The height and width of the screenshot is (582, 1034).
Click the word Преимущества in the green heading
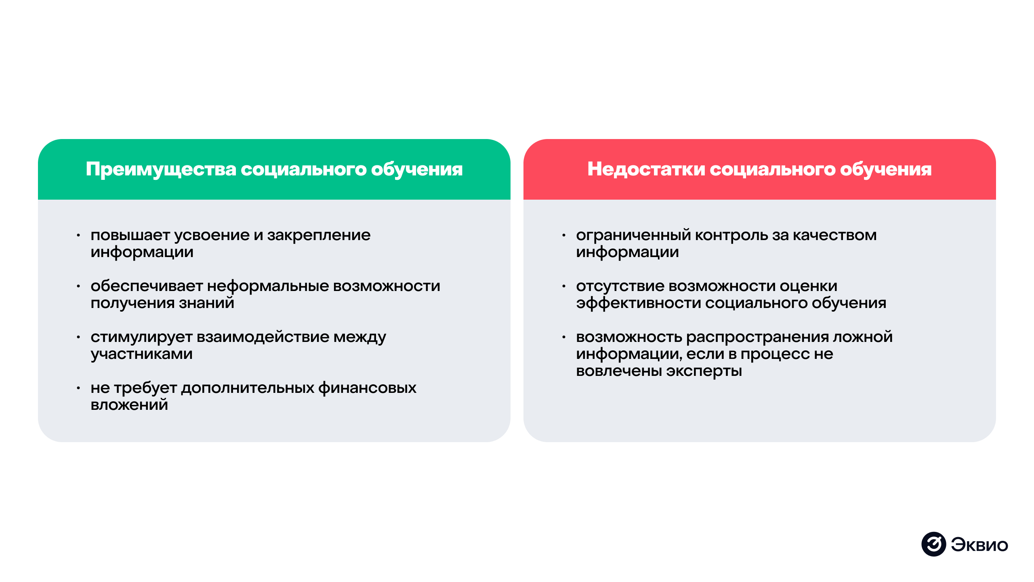click(x=161, y=169)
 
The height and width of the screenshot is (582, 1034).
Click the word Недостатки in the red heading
click(x=646, y=169)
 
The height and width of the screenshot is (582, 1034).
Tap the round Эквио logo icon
click(x=933, y=544)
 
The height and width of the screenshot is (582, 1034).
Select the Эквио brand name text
click(x=979, y=545)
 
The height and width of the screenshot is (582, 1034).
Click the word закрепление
click(x=319, y=235)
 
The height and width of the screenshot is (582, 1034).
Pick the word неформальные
click(x=268, y=286)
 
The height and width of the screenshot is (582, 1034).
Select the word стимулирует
click(x=141, y=337)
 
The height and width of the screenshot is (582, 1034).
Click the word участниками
click(x=141, y=354)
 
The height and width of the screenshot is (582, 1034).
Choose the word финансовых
click(x=367, y=388)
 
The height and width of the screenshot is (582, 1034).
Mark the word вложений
click(x=129, y=405)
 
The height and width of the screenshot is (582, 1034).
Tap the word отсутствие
click(x=620, y=286)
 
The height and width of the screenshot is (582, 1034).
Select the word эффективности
click(x=638, y=303)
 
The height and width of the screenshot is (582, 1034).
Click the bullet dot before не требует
click(x=78, y=388)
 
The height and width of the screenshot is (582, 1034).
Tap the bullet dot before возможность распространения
click(x=564, y=337)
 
